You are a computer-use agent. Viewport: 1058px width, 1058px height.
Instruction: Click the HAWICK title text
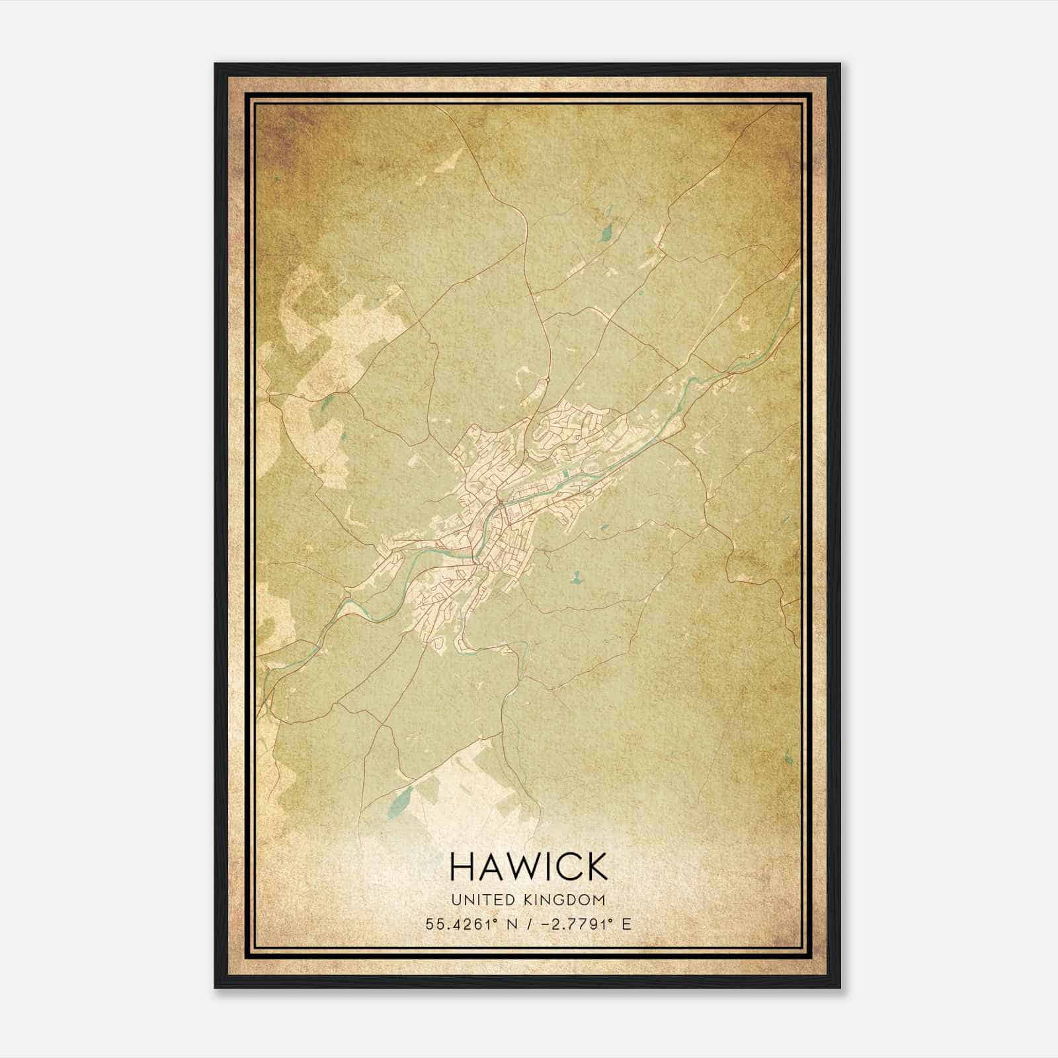[528, 866]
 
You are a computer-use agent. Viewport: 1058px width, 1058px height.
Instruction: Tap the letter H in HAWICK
[462, 866]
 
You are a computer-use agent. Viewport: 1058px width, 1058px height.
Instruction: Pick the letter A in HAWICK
[491, 866]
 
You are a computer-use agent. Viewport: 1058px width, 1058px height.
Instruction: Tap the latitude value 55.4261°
[461, 924]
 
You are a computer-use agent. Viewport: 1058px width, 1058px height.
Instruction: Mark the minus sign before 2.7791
[546, 924]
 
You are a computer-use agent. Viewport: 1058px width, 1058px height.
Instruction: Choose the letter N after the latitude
[510, 924]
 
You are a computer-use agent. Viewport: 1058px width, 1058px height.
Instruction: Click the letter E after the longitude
[626, 924]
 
